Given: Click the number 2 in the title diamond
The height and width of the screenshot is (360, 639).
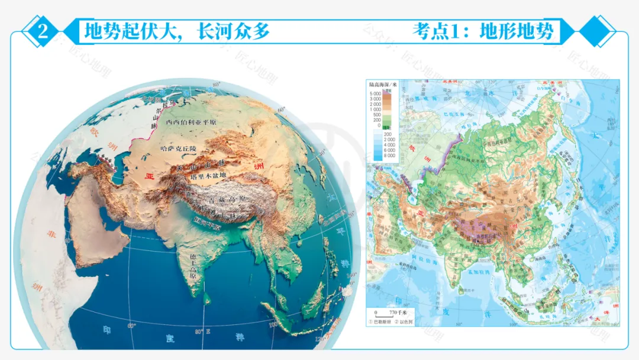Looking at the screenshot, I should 43,31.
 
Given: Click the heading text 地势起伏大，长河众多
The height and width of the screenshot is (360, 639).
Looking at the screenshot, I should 177,31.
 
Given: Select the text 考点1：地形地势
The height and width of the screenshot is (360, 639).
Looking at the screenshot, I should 484,31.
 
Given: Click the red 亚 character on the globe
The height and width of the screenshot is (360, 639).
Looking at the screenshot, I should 150,176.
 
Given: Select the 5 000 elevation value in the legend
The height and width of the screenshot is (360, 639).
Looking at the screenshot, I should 375,94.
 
